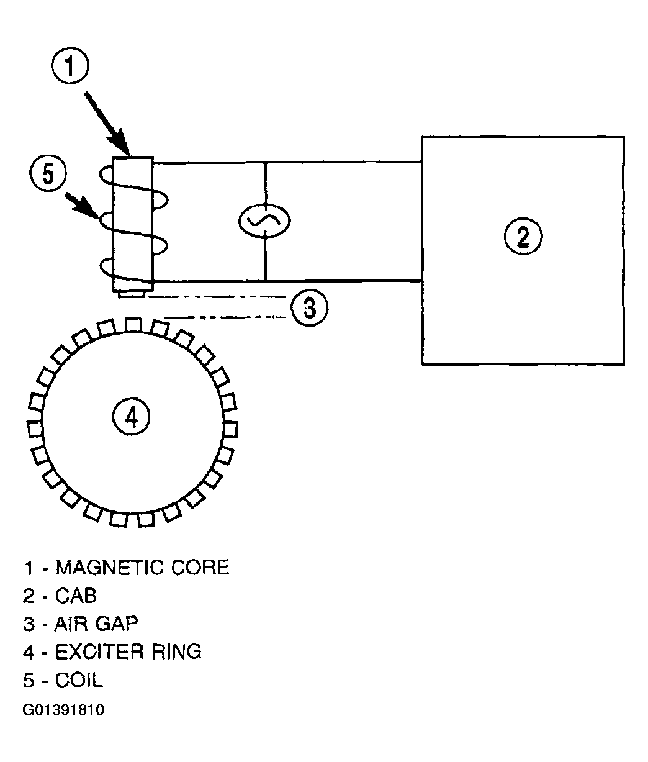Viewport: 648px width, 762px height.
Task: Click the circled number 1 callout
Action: click(x=70, y=66)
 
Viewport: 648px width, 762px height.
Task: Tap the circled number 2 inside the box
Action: click(x=523, y=236)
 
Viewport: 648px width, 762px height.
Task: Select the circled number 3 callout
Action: click(x=310, y=307)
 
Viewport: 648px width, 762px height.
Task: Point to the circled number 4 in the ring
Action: click(x=131, y=417)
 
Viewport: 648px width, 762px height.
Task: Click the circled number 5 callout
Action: click(x=48, y=173)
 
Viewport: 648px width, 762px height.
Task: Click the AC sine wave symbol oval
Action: click(x=264, y=221)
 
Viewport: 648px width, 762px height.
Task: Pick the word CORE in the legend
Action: click(x=200, y=568)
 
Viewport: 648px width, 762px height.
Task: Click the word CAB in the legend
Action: click(x=76, y=596)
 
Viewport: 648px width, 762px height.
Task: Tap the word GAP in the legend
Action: click(x=117, y=624)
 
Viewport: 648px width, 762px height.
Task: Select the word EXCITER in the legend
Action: click(x=99, y=651)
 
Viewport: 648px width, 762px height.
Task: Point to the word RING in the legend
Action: click(x=177, y=651)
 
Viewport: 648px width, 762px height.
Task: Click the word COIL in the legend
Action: click(x=79, y=680)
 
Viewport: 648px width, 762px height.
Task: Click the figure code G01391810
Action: click(x=63, y=710)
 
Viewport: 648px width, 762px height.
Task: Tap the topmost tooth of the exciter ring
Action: click(x=133, y=325)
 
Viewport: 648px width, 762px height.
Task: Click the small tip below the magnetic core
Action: click(x=132, y=294)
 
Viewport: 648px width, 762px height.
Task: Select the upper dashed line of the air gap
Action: click(x=215, y=296)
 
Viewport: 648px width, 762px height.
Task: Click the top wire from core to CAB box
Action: click(x=287, y=162)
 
